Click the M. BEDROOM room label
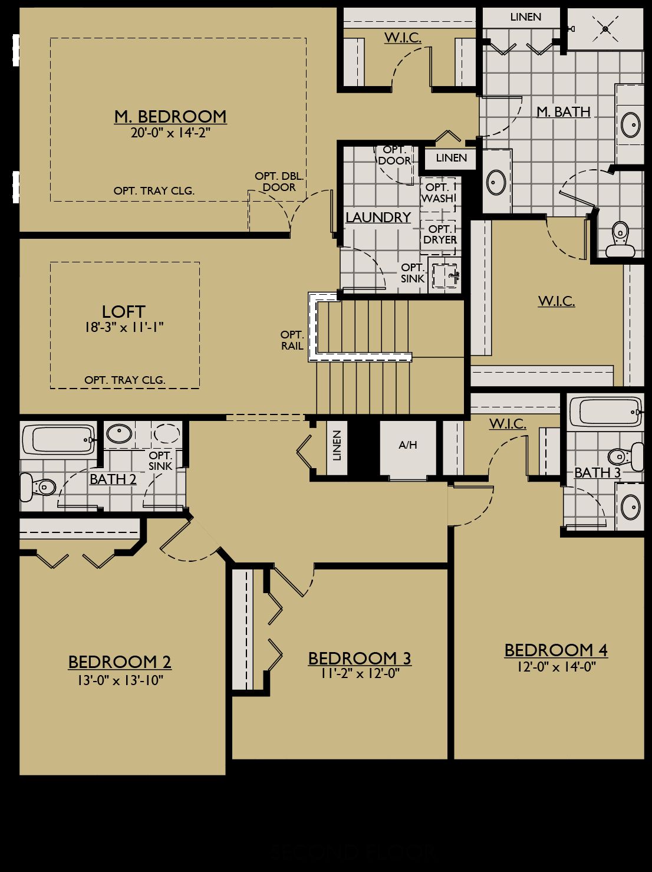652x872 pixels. [x=170, y=116]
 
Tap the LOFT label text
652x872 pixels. [x=124, y=311]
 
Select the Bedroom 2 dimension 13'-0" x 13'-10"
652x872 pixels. [x=120, y=680]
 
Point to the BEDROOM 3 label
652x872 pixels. [x=360, y=658]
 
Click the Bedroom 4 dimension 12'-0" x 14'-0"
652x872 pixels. [x=556, y=667]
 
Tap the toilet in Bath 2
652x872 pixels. [x=38, y=487]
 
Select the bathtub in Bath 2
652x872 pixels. [x=58, y=439]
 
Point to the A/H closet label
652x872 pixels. [x=408, y=445]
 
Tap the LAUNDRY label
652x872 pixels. [x=378, y=217]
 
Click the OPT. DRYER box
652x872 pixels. [x=440, y=234]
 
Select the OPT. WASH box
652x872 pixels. [x=438, y=193]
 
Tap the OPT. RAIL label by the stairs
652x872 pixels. [x=292, y=340]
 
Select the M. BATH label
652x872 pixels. [x=563, y=111]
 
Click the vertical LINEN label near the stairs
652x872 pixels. [x=337, y=446]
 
